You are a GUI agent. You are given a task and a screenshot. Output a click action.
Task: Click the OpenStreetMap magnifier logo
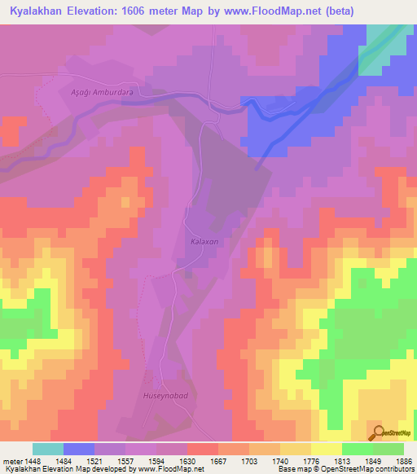(378, 432)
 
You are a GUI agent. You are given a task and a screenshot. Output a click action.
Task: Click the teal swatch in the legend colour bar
(48, 449)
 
